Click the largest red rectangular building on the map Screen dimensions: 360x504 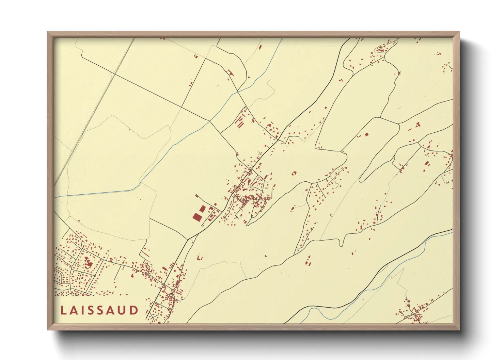click(197, 217)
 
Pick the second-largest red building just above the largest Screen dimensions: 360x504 click(202, 209)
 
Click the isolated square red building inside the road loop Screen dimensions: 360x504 click(367, 134)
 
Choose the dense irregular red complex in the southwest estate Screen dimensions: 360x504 click(89, 264)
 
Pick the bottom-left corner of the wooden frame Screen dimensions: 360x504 click(48, 329)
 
